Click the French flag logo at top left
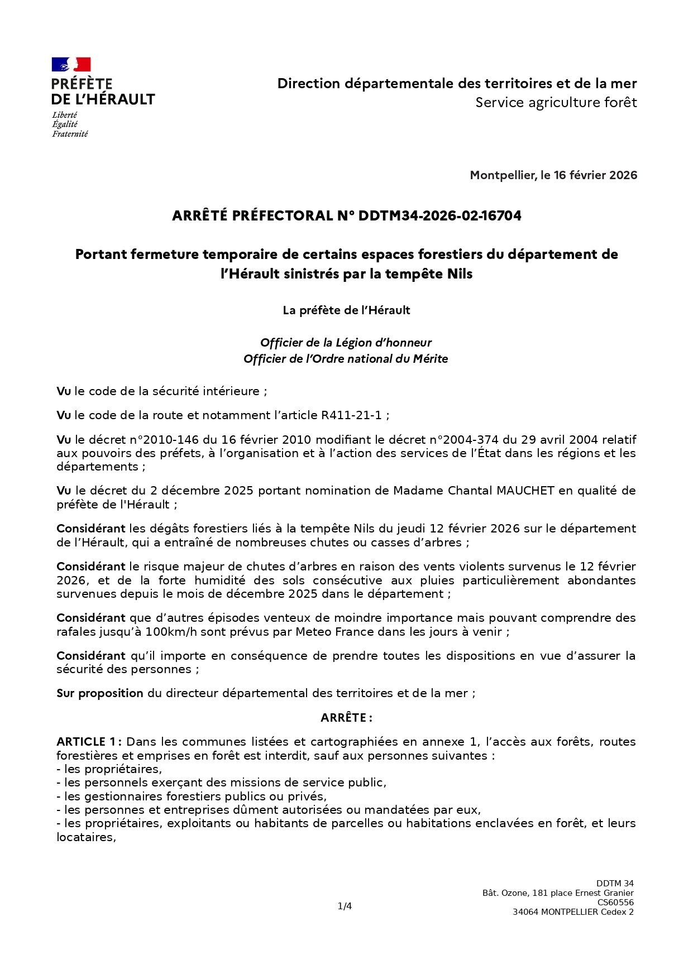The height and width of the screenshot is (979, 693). click(x=71, y=64)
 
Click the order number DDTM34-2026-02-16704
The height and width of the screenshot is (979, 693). click(x=439, y=216)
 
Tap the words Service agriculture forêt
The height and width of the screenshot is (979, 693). click(x=556, y=103)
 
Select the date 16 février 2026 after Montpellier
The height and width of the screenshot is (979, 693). click(x=595, y=175)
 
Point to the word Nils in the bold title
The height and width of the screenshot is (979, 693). click(x=460, y=274)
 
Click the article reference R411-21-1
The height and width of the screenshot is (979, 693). click(x=351, y=415)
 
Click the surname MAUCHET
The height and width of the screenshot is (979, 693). click(x=525, y=491)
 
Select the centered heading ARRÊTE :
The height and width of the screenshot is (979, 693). click(x=346, y=718)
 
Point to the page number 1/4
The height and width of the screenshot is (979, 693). click(x=345, y=906)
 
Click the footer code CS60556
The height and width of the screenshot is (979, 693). click(x=615, y=903)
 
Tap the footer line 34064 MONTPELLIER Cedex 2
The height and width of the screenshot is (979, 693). click(x=573, y=912)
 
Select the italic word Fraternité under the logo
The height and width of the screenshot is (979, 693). click(x=70, y=134)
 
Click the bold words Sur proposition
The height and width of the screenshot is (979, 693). click(x=100, y=693)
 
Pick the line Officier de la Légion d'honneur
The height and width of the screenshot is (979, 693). click(x=346, y=343)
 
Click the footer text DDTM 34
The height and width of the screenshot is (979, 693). click(x=615, y=884)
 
